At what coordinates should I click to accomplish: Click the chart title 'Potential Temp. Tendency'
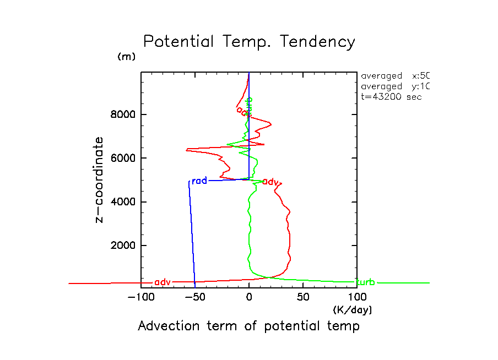(249, 42)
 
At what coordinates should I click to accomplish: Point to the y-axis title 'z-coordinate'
(100, 179)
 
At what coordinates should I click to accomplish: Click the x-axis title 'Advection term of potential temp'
(248, 326)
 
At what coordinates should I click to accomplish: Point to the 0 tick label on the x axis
(249, 298)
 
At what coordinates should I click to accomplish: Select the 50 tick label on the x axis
(303, 298)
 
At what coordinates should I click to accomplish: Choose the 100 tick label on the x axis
(356, 298)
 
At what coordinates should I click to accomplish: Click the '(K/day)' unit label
(353, 310)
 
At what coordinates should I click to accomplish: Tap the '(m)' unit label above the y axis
(126, 57)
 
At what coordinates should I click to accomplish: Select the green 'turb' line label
(365, 282)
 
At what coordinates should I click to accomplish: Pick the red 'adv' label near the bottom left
(163, 282)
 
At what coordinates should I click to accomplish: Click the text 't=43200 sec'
(391, 97)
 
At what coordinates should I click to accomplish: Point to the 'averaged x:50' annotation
(394, 76)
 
